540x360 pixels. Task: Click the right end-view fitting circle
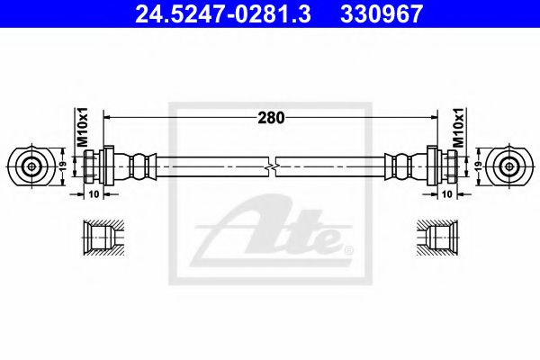tap(510, 166)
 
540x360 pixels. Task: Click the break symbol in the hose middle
tap(272, 166)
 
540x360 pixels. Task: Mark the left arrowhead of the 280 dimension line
tap(110, 117)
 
